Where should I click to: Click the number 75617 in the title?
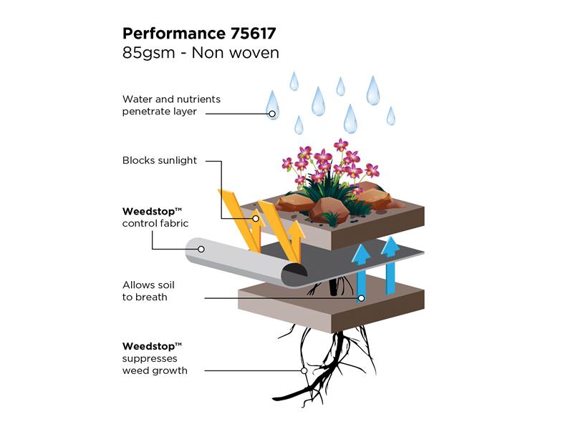(253, 34)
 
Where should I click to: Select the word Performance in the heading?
(174, 34)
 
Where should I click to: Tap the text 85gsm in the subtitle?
(149, 53)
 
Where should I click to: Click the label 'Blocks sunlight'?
(159, 160)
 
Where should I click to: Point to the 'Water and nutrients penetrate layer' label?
(171, 105)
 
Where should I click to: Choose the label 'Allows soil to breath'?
(148, 291)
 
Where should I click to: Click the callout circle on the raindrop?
(272, 114)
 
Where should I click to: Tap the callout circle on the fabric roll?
(201, 249)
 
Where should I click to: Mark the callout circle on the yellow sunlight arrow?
(256, 219)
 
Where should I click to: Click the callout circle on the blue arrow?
(361, 298)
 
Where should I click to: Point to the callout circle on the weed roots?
(304, 370)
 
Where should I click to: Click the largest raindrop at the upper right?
(373, 91)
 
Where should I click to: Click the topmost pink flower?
(341, 144)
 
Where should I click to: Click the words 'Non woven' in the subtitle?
(236, 53)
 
